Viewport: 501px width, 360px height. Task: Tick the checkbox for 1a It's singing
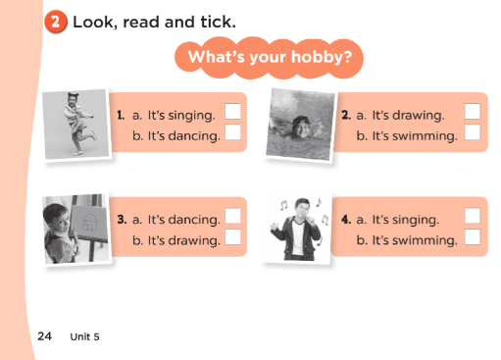(232, 112)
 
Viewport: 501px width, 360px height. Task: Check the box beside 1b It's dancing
(232, 131)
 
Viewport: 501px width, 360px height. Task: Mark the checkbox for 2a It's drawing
(473, 112)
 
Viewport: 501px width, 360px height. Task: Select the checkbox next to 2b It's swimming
(473, 131)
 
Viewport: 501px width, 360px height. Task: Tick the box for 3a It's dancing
(232, 216)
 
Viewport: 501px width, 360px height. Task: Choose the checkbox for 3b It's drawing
(232, 236)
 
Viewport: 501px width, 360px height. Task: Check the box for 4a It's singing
(473, 216)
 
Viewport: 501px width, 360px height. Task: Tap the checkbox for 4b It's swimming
(473, 236)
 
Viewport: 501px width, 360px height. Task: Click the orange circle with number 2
(56, 22)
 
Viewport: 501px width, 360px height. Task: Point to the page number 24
(44, 336)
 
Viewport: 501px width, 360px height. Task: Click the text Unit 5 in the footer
(84, 336)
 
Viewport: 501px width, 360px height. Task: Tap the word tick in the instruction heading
(218, 22)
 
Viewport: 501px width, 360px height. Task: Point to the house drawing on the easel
(89, 222)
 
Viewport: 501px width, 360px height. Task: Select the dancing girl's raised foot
(93, 135)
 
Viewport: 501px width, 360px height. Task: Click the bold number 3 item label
(122, 220)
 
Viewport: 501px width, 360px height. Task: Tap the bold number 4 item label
(346, 220)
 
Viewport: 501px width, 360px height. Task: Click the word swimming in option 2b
(425, 136)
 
